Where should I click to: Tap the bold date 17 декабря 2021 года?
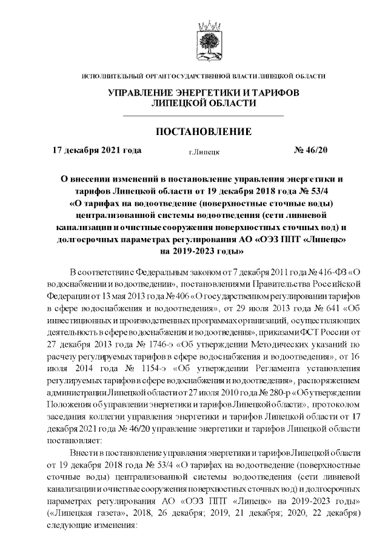coord(97,150)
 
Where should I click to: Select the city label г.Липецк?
coord(204,151)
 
